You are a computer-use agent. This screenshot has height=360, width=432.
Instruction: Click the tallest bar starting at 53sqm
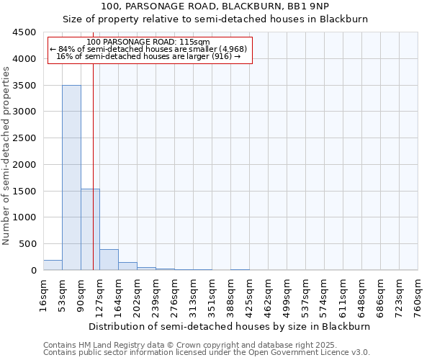pos(71,177)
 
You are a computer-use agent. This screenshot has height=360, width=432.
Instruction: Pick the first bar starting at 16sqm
pos(53,265)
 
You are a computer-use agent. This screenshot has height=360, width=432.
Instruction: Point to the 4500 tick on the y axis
pos(24,32)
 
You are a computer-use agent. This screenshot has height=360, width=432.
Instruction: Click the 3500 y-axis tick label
pos(24,86)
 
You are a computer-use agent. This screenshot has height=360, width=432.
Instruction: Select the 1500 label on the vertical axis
pos(24,191)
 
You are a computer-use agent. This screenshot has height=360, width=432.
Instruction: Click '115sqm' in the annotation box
pos(194,42)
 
